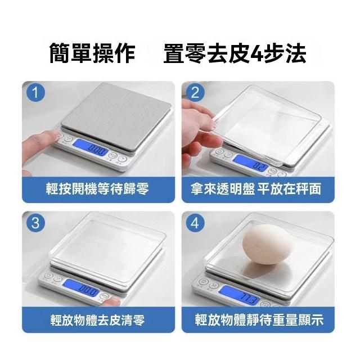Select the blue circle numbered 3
[x=35, y=223]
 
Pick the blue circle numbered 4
[x=195, y=223]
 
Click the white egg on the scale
[x=268, y=244]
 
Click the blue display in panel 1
[x=91, y=148]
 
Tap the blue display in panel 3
[x=82, y=288]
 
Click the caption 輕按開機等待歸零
[x=97, y=189]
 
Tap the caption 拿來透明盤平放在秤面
[x=255, y=189]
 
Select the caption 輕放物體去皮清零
[x=97, y=320]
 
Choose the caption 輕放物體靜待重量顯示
[x=259, y=320]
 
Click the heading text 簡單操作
[x=92, y=53]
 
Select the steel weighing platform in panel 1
[x=116, y=117]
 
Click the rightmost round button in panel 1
[x=122, y=159]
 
